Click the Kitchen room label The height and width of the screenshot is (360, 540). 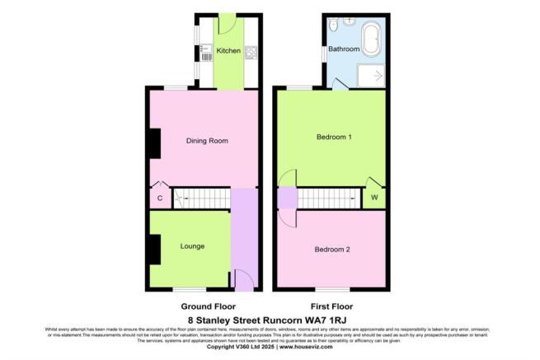[x=228, y=51]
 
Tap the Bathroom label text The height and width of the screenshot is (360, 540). [x=344, y=49]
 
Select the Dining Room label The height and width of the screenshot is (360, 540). [x=206, y=141]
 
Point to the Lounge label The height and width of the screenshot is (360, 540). [x=192, y=246]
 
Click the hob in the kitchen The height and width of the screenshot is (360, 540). [x=251, y=54]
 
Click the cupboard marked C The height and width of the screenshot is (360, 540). [x=159, y=198]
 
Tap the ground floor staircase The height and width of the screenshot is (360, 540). [x=201, y=198]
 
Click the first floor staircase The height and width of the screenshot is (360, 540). [x=328, y=198]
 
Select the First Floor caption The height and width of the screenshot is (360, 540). [x=330, y=305]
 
